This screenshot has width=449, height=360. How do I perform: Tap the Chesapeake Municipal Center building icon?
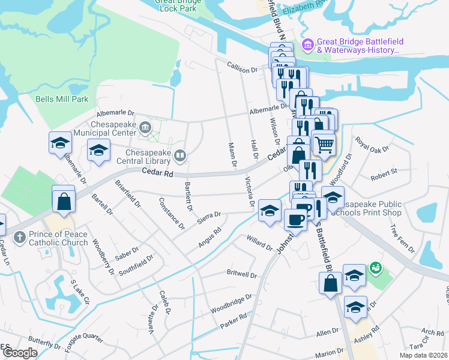[x=145, y=127]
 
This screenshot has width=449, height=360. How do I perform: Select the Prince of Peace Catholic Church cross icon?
[x=20, y=236]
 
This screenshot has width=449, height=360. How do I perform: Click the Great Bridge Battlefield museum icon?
[x=309, y=45]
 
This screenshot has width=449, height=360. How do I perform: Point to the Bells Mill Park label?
[x=62, y=99]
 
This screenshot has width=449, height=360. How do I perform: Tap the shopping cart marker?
[x=324, y=143]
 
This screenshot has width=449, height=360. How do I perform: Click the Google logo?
[x=20, y=353]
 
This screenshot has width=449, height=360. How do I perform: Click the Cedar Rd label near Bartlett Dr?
[x=158, y=173]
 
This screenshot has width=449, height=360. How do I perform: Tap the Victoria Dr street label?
[x=249, y=192]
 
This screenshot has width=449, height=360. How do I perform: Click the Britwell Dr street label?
[x=242, y=274]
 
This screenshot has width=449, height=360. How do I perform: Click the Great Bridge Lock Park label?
[x=177, y=5]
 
